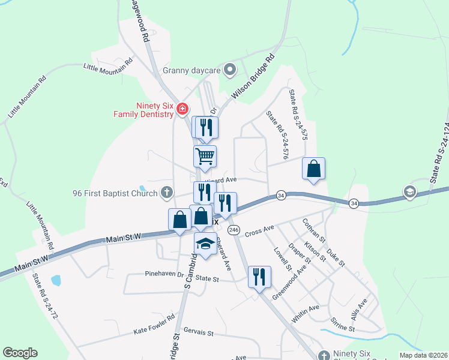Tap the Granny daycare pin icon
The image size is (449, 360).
click(x=229, y=71)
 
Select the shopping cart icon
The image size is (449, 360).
click(x=205, y=157)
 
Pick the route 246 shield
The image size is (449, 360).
click(x=234, y=230)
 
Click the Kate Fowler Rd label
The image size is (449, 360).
click(x=154, y=323)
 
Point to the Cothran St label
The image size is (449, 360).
click(x=314, y=231)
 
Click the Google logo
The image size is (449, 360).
click(x=20, y=353)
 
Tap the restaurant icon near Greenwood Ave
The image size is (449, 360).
click(x=259, y=277)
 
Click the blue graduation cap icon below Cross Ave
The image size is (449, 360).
click(x=205, y=244)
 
